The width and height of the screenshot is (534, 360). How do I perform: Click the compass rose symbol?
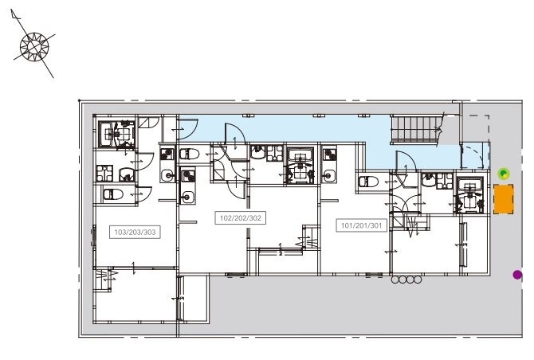pyautogui.click(x=35, y=45)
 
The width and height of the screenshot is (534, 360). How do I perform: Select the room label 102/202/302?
pyautogui.click(x=240, y=217)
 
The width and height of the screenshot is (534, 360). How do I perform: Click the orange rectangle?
pyautogui.click(x=504, y=199)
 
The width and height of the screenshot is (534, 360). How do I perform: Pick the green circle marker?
pyautogui.click(x=503, y=173)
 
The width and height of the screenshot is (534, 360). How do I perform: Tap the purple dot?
pyautogui.click(x=517, y=275)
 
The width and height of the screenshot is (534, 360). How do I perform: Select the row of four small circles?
pyautogui.click(x=406, y=280)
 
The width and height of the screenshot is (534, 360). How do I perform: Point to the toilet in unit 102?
pyautogui.click(x=188, y=153)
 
